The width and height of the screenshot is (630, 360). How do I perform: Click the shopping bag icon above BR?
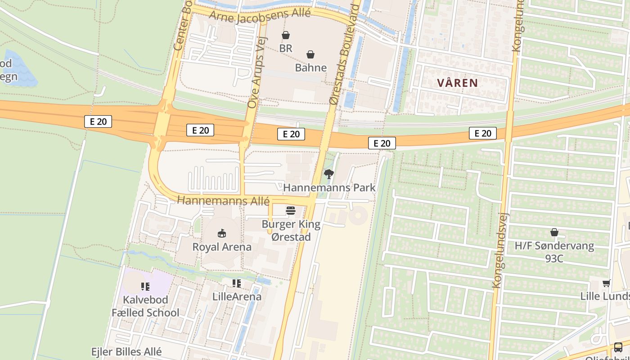(286, 35)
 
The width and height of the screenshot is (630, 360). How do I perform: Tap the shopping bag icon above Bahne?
(310, 55)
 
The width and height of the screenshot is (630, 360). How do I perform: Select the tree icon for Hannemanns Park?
(329, 174)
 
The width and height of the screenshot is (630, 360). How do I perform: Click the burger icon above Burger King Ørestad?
(291, 211)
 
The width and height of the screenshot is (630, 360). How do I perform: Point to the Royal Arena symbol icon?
(222, 234)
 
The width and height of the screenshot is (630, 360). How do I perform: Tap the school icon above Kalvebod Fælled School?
(145, 286)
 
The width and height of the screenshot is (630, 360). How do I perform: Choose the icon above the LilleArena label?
(237, 283)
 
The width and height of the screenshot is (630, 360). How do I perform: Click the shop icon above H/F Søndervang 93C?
(554, 233)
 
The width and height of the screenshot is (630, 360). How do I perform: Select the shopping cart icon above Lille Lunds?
(606, 283)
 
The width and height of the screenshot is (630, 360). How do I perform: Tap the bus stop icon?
(618, 347)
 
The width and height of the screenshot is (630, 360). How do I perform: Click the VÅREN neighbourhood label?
(457, 83)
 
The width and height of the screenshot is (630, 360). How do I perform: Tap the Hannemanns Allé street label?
(223, 201)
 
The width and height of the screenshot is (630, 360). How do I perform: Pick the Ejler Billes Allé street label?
(126, 351)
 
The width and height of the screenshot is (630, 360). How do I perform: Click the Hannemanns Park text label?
(329, 187)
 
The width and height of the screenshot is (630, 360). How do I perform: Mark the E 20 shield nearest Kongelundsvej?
(483, 133)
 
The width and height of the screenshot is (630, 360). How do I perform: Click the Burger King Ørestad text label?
(291, 230)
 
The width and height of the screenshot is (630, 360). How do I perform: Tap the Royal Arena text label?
(222, 247)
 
